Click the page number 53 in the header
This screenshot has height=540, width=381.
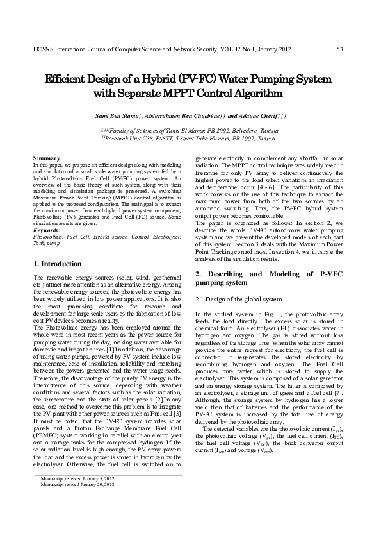[339, 49]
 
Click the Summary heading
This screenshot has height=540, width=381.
[45, 158]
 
